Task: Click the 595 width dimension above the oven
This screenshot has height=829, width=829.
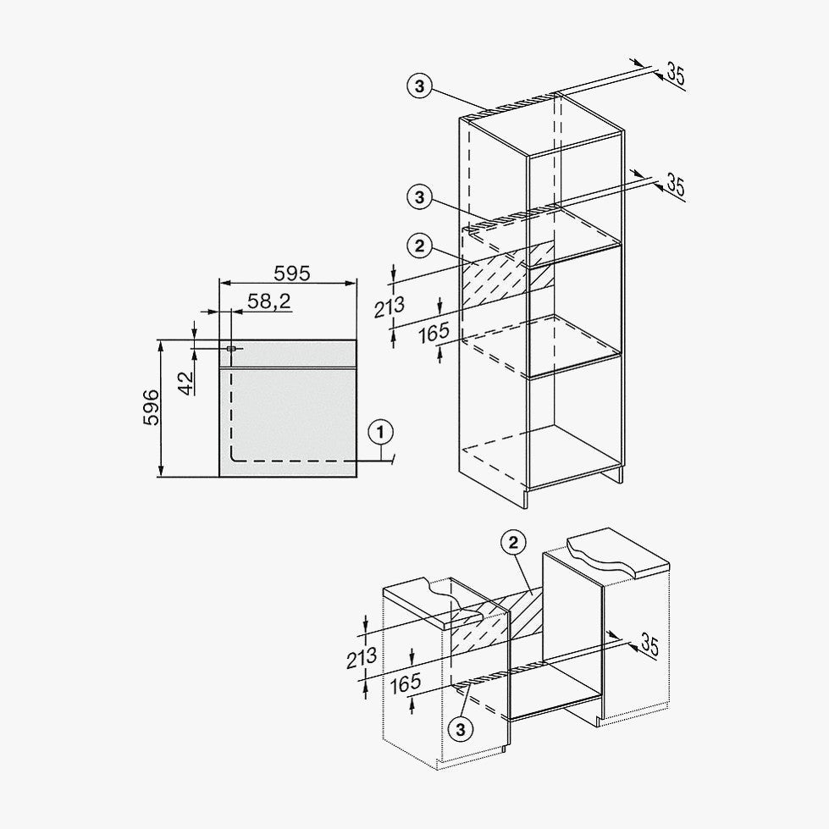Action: coord(291,274)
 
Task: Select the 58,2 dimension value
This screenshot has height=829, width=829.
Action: coord(269,301)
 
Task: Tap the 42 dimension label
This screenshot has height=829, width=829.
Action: coord(186,383)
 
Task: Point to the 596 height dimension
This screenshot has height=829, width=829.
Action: coord(152,407)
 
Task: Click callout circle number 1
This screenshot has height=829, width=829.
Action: coord(381,433)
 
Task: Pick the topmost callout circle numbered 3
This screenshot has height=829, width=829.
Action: coord(419,86)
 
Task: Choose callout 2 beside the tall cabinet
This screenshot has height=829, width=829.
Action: coord(419,246)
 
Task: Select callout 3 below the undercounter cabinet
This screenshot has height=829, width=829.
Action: coord(461,730)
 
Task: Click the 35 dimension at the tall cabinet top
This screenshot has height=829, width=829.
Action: coord(675,74)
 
